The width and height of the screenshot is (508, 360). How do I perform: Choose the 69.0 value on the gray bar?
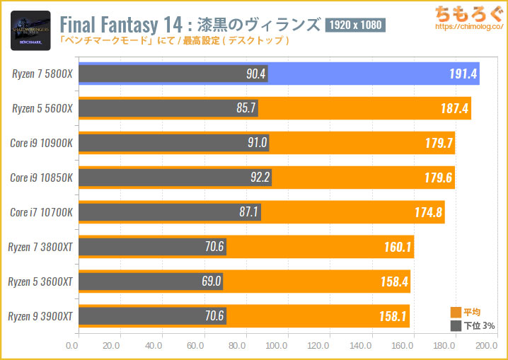[x=210, y=281]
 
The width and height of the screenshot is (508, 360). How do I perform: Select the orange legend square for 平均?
[x=456, y=313]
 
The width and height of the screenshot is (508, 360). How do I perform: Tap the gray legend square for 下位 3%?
[x=456, y=326]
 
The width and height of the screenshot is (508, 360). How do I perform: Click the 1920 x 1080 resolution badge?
[x=355, y=26]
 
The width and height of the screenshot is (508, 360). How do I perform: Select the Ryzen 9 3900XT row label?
[x=41, y=316]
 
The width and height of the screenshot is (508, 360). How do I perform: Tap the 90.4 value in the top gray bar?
[x=251, y=74]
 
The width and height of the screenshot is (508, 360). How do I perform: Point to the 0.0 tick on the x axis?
[x=72, y=347]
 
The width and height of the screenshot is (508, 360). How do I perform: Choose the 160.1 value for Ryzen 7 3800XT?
[x=394, y=247]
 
